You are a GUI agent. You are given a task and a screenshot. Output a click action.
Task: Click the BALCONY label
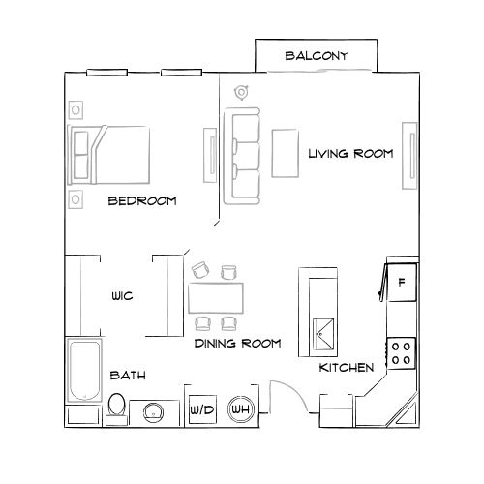316,56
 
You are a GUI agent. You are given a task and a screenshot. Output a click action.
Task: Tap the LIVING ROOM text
350,154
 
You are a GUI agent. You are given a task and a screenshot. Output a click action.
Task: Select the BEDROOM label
141,201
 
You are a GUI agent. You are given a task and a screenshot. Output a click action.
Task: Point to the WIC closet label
121,297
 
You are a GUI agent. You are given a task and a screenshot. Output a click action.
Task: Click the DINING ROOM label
237,343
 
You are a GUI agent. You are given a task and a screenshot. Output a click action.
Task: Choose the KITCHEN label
347,368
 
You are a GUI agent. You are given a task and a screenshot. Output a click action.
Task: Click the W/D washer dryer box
202,410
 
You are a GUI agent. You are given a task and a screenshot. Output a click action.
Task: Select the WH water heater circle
239,410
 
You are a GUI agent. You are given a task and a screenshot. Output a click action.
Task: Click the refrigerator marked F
401,282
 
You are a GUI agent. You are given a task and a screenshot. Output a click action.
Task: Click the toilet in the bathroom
117,407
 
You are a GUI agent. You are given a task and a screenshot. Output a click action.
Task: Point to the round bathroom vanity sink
152,412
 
